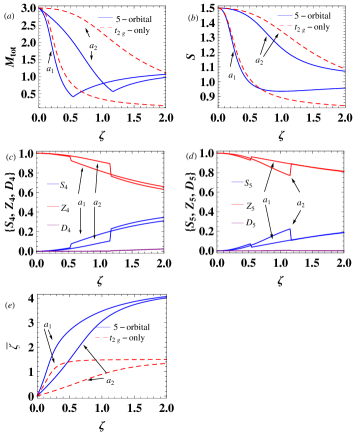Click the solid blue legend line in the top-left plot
[105, 17]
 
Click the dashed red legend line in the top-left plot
[105, 27]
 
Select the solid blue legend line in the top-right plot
[285, 16]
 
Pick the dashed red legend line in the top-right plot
[285, 26]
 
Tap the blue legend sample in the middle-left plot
[53, 184]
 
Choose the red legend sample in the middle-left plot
[53, 206]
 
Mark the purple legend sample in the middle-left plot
[53, 225]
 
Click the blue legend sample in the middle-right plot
[237, 182]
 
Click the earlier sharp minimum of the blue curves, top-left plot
[73, 97]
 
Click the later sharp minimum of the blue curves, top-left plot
[112, 91]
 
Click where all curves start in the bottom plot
[38, 396]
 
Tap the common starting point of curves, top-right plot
[220, 8]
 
